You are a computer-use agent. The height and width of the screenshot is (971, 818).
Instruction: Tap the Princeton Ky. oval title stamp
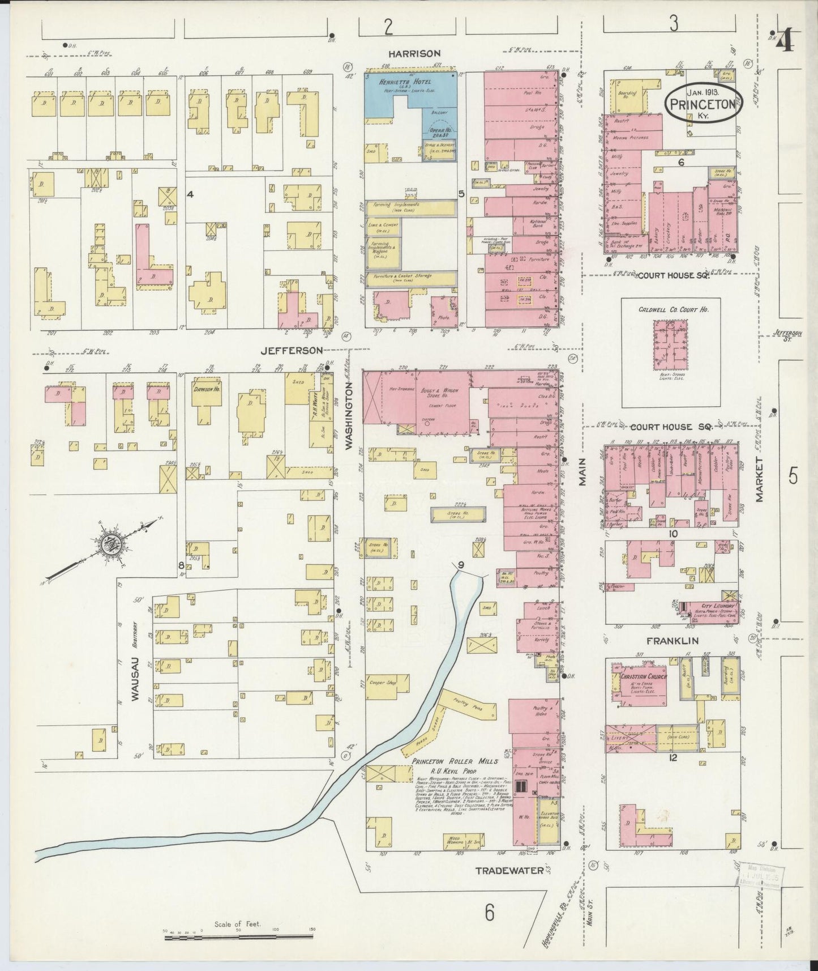pyautogui.click(x=702, y=102)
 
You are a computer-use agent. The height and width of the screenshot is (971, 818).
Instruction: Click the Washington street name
pyautogui.click(x=350, y=415)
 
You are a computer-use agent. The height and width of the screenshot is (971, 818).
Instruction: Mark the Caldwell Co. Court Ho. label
pyautogui.click(x=671, y=310)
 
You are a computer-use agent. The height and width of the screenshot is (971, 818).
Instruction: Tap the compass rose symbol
pyautogui.click(x=109, y=545)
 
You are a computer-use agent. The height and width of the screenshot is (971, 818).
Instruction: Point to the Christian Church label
pyautogui.click(x=644, y=676)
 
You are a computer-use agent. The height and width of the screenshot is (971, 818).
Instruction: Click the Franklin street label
pyautogui.click(x=671, y=641)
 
